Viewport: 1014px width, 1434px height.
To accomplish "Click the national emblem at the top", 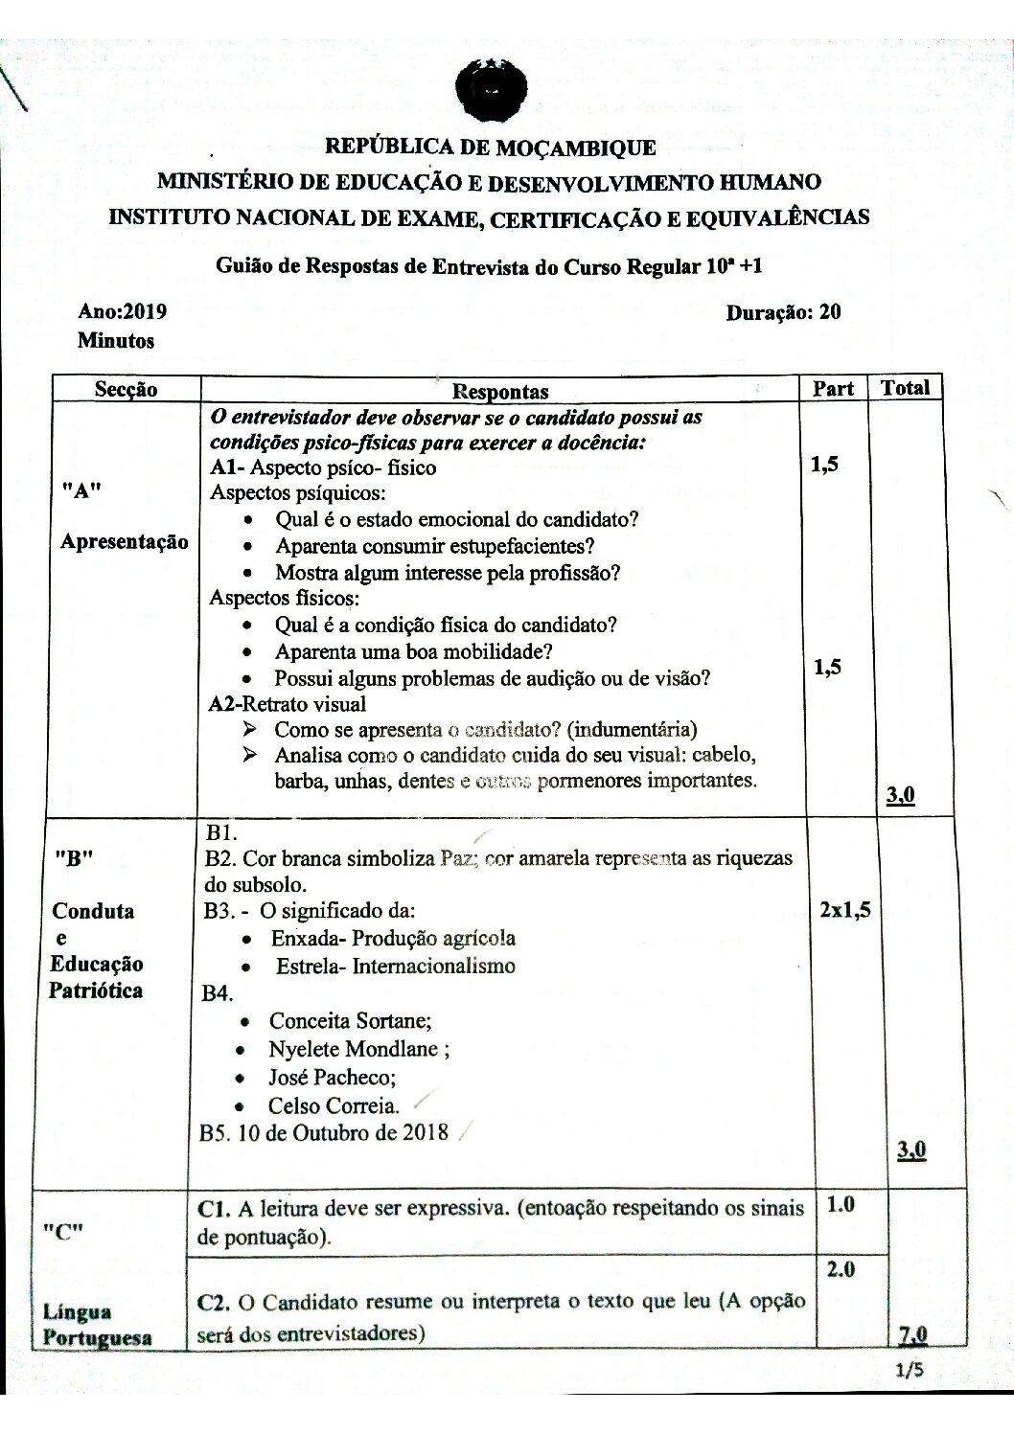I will (x=491, y=89).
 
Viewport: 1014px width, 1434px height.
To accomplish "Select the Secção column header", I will (x=127, y=389).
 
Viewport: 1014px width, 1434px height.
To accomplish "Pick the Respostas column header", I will (x=499, y=391).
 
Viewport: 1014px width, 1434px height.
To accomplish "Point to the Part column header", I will (x=833, y=389).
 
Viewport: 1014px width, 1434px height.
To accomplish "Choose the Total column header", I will (x=905, y=388).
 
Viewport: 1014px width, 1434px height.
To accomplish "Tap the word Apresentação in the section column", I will (x=125, y=541).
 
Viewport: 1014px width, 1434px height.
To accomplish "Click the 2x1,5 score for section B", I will (x=844, y=910).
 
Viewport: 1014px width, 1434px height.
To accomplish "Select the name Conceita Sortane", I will (x=350, y=1020).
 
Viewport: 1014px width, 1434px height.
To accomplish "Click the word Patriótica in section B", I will (x=96, y=990).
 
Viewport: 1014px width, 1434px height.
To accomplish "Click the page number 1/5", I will (x=907, y=1371).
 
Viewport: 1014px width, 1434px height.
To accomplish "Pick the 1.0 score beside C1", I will (x=840, y=1205).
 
